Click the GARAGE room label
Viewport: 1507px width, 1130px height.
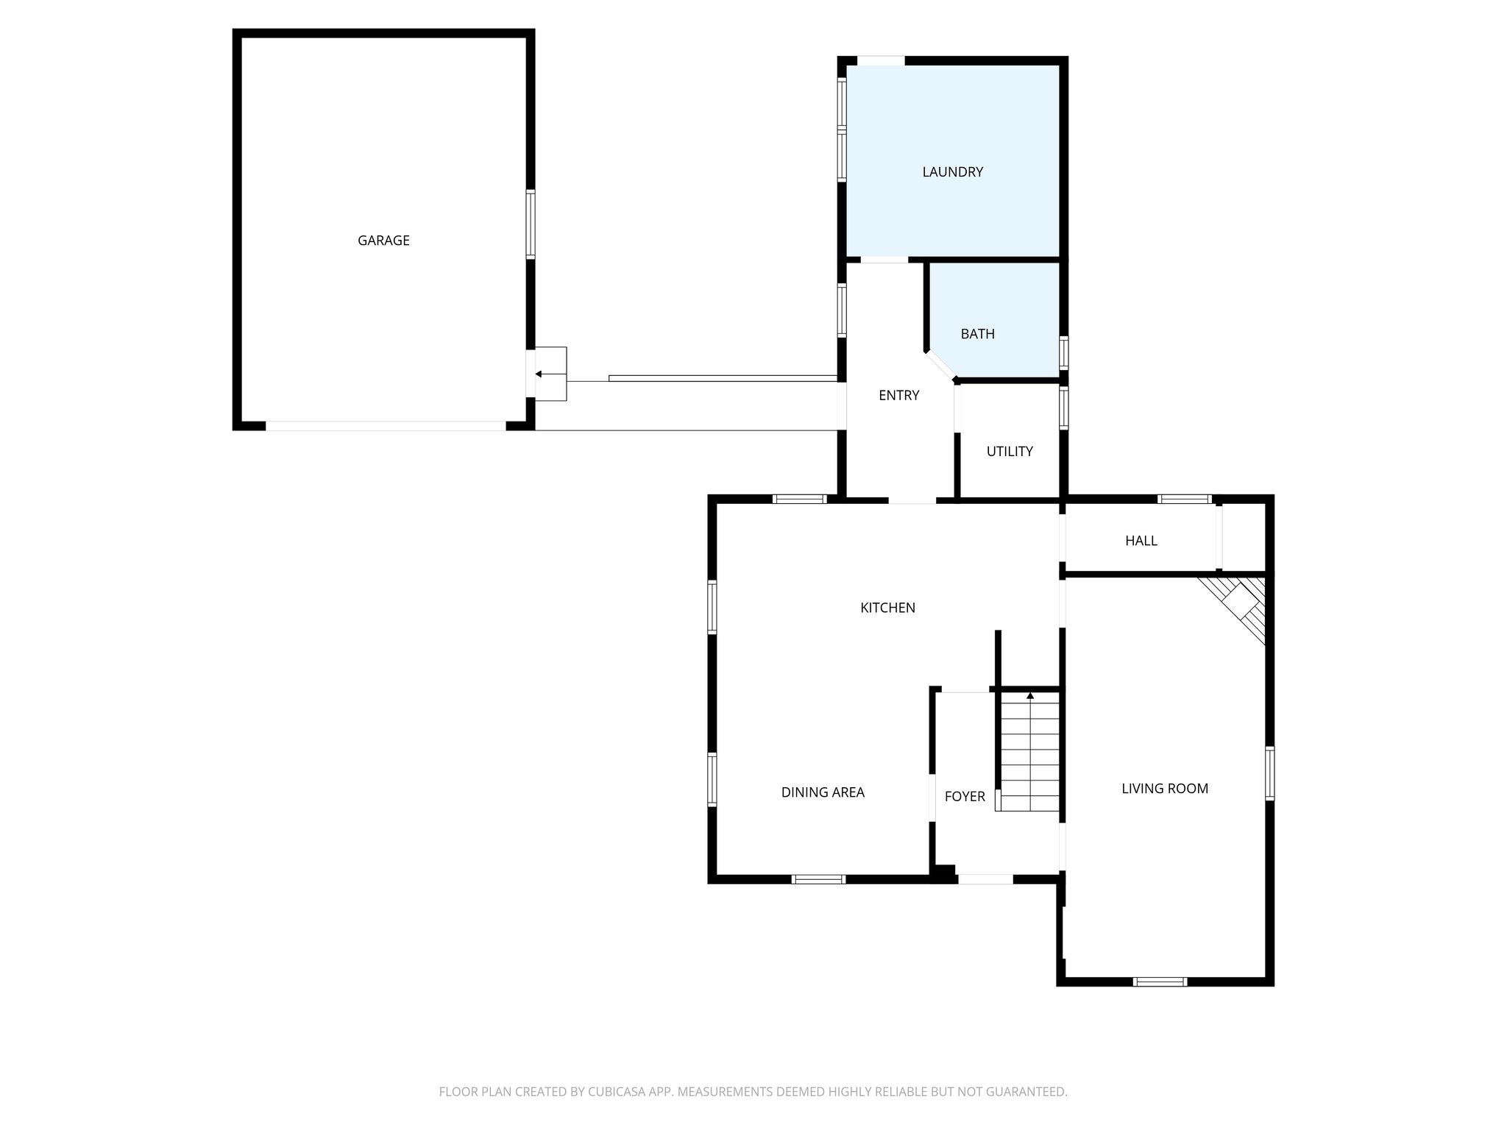[383, 241]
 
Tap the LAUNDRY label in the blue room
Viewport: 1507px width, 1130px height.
[952, 172]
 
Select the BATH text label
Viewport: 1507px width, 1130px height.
[977, 334]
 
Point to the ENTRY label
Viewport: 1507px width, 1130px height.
[898, 396]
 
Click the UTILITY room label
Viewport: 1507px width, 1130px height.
[1009, 452]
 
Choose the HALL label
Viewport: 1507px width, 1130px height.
[1141, 541]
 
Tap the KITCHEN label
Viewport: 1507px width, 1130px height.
[887, 608]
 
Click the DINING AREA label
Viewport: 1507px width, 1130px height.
[822, 792]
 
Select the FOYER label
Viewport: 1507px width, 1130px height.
[964, 797]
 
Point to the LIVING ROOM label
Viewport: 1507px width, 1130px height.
[1164, 789]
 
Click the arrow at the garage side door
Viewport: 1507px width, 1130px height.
[539, 374]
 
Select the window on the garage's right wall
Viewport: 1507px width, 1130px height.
[530, 224]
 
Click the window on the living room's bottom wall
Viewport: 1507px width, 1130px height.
[1160, 981]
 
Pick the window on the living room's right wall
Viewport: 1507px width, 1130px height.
[1269, 773]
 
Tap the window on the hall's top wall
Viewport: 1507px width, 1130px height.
[1184, 500]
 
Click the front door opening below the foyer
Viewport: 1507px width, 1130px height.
[985, 879]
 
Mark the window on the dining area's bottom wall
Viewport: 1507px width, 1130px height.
[818, 879]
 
